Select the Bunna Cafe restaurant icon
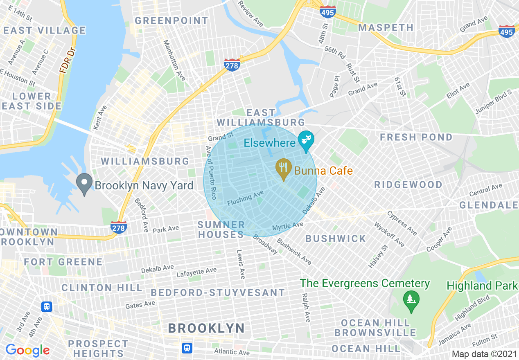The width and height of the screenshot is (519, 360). (x=283, y=169)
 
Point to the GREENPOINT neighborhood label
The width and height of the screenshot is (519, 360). (x=171, y=20)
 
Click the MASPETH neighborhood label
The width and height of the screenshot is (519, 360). (x=386, y=27)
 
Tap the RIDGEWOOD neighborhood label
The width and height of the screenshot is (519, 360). (x=408, y=184)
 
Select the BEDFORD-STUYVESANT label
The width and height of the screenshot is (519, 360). (x=218, y=292)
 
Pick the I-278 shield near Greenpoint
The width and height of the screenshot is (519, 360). (x=232, y=65)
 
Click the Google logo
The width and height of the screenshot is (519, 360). (x=27, y=350)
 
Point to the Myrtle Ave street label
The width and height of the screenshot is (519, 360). (x=288, y=226)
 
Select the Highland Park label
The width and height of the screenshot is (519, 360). (x=482, y=286)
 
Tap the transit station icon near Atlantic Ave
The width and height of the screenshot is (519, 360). (x=187, y=348)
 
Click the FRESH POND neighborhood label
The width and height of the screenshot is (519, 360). (x=416, y=137)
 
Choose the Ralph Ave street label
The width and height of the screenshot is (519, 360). (x=306, y=307)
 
